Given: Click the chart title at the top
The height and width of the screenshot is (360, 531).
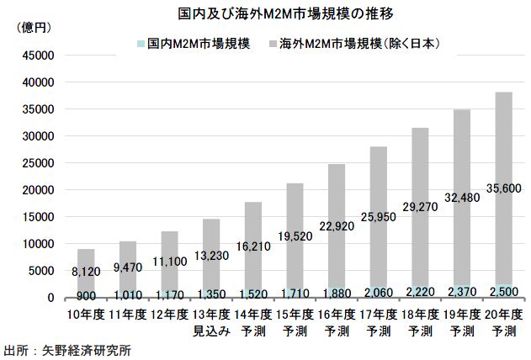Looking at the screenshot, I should (x=264, y=14).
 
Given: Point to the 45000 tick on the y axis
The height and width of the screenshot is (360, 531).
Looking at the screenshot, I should (x=39, y=56).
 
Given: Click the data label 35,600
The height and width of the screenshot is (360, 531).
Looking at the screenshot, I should (x=502, y=188).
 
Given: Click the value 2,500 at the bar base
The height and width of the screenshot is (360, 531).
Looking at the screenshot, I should (x=502, y=291).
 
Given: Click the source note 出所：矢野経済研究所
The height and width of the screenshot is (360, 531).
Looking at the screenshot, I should (x=67, y=348).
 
